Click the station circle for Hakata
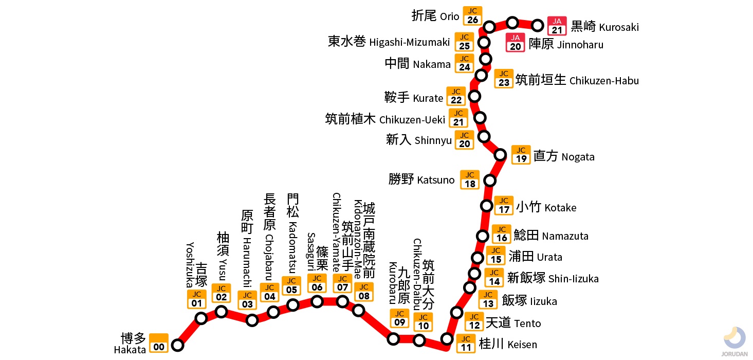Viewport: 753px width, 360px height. click(x=177, y=345)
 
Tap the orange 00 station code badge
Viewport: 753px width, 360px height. click(x=159, y=343)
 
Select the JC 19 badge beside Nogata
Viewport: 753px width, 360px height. click(x=521, y=155)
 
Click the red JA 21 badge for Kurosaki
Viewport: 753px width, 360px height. click(x=557, y=26)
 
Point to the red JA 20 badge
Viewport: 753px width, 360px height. click(x=516, y=43)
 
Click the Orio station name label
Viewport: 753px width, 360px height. click(x=435, y=16)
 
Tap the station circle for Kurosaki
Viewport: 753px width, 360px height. click(x=538, y=25)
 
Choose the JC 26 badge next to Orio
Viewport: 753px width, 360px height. click(x=472, y=16)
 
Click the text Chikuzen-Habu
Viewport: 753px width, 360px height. click(x=577, y=80)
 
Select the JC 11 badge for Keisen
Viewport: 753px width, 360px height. click(x=466, y=344)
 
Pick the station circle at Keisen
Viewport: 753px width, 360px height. click(x=447, y=338)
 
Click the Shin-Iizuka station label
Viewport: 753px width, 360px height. click(x=553, y=278)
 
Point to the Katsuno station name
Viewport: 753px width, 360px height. click(x=421, y=179)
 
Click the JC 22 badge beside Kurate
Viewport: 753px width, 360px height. click(x=456, y=96)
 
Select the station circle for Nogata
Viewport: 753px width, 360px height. click(x=500, y=154)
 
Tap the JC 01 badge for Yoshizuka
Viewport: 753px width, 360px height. click(x=196, y=299)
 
